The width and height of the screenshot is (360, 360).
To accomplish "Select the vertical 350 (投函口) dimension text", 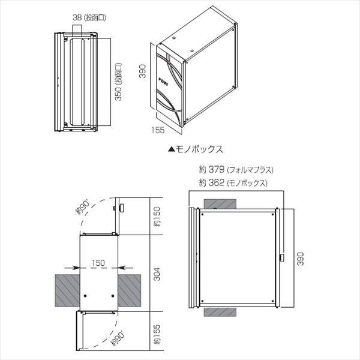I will pyautogui.click(x=118, y=83).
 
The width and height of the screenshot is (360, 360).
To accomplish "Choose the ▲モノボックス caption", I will pyautogui.click(x=195, y=147).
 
